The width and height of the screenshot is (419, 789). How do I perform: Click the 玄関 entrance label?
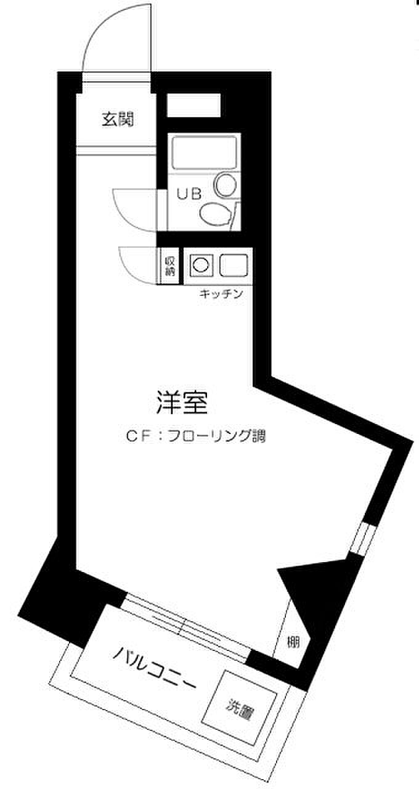[x=117, y=120]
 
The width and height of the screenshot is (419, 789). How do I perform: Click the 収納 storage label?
[x=169, y=266]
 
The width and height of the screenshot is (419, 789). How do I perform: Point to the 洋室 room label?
[x=181, y=403]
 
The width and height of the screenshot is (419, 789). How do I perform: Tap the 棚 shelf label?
[x=293, y=642]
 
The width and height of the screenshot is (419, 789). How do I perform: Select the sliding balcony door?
[x=185, y=626]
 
